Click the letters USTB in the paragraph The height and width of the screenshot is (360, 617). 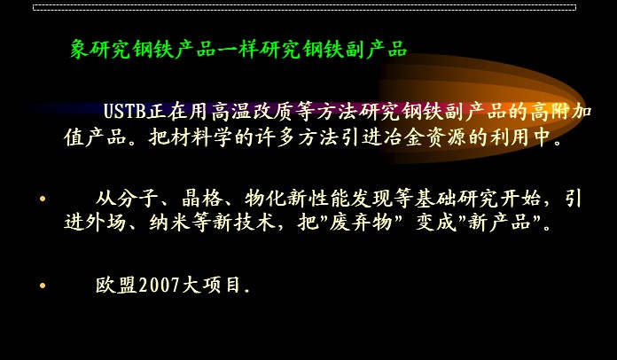click(x=125, y=112)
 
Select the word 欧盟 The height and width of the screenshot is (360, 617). click(x=117, y=285)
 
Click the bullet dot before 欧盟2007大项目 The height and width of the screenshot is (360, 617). click(x=43, y=286)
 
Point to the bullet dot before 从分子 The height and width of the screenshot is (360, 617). click(x=43, y=199)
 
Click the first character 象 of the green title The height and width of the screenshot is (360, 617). click(x=81, y=50)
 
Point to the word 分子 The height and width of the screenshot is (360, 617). click(x=137, y=199)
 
